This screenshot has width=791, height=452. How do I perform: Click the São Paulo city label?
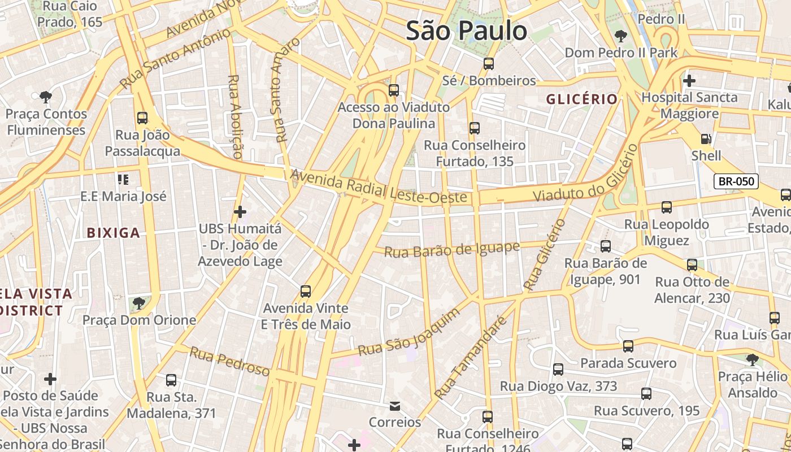coord(467,31)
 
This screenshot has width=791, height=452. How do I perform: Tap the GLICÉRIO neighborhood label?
coord(581,99)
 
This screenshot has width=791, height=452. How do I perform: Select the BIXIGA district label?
coord(113,232)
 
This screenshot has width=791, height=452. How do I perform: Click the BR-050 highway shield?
coord(736,181)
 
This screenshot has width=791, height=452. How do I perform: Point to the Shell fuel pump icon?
coord(706,138)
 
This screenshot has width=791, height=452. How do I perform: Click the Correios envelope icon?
coord(395,406)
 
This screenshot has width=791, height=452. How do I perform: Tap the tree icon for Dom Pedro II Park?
coord(621,36)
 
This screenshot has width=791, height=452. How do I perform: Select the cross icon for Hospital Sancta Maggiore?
coord(689,81)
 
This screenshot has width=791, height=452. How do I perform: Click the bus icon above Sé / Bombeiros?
coord(489,64)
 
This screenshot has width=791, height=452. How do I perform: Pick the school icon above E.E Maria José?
coord(123,180)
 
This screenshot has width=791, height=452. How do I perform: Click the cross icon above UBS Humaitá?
coord(240,212)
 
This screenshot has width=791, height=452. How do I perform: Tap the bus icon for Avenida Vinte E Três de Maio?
coord(306,292)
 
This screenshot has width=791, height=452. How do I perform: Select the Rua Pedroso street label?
coord(229,361)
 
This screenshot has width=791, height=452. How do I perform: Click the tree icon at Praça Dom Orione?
coord(138,303)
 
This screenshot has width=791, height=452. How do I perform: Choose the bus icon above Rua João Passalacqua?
coord(142,118)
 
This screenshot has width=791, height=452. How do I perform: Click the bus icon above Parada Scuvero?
coord(628,346)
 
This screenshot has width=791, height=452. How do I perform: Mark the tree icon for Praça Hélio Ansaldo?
coord(752,359)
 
